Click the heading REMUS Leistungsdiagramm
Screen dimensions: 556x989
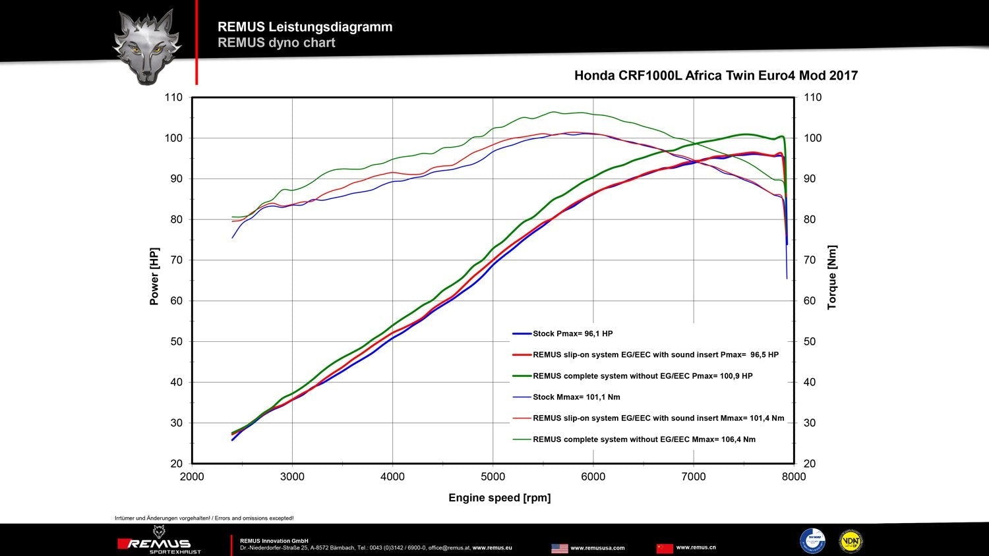click(305, 27)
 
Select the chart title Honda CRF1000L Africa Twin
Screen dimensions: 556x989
click(715, 76)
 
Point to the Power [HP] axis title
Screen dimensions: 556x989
click(154, 277)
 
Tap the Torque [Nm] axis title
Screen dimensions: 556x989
click(832, 277)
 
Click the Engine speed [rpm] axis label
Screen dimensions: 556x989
click(499, 498)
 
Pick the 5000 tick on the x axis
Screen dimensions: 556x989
click(493, 477)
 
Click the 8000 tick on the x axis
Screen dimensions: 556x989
click(793, 477)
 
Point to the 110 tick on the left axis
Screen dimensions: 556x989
click(173, 97)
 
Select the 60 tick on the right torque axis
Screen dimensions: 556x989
click(809, 301)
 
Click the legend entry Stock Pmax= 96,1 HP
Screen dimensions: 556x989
click(572, 334)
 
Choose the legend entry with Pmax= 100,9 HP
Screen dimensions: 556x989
click(642, 376)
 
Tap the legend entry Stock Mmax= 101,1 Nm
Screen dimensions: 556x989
click(576, 397)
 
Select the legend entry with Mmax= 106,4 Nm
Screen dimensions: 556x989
click(644, 439)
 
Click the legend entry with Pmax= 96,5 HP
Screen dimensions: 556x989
click(655, 355)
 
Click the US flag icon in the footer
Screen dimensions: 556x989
click(559, 548)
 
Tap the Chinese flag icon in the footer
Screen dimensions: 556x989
click(665, 548)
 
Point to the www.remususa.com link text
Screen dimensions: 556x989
click(597, 548)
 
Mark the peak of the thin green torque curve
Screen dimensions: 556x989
click(554, 111)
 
